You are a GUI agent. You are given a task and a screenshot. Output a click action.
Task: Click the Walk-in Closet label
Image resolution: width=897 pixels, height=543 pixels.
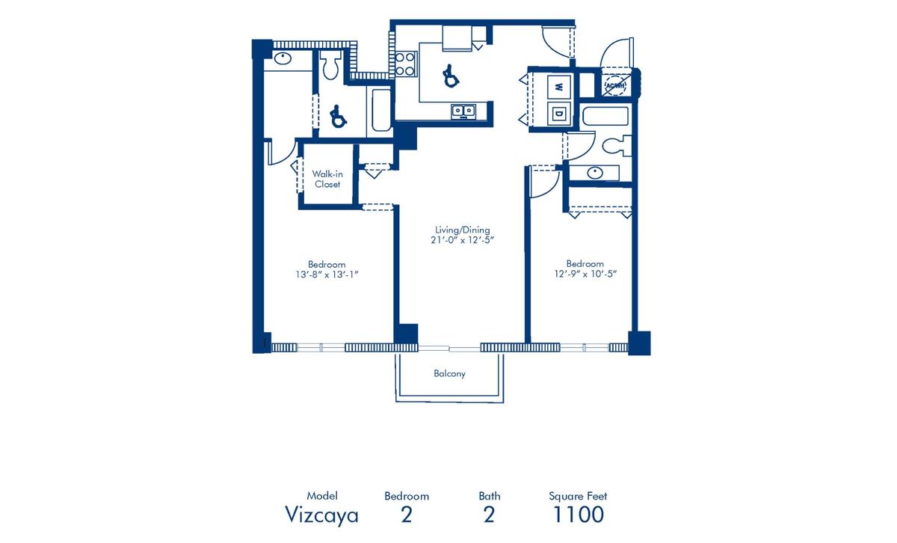point(327,179)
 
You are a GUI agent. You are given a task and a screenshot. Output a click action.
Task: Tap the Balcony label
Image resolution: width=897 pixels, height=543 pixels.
point(449,373)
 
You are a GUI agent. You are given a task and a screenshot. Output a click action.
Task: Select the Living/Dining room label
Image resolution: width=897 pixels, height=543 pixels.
point(463,230)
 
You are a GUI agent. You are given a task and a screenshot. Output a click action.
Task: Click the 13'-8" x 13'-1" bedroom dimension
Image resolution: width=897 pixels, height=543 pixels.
point(327,274)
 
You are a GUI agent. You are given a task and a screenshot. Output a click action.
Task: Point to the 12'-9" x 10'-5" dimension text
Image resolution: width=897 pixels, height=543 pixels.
point(585,274)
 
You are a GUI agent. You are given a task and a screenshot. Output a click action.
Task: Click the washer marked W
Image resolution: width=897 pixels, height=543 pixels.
point(559,87)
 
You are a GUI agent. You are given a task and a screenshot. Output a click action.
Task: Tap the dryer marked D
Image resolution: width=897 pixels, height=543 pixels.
point(559,114)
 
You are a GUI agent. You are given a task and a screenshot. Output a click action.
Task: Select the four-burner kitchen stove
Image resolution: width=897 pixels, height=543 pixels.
point(405,64)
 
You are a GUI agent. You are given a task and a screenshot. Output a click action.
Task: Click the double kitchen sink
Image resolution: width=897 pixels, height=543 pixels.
point(463,111)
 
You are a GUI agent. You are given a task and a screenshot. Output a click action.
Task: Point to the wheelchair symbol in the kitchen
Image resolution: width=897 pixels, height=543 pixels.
point(450,76)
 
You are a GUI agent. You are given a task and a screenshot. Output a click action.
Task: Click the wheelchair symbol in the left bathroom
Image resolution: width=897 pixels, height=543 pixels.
point(338,116)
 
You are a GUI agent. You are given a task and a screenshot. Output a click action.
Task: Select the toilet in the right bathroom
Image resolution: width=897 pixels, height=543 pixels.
point(617,147)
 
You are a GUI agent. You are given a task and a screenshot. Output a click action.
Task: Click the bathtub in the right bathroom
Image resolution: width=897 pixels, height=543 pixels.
point(605,116)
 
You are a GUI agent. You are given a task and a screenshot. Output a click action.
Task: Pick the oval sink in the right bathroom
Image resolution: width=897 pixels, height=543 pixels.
point(595,173)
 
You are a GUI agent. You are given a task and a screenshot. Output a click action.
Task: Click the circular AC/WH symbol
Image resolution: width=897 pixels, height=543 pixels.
point(614,85)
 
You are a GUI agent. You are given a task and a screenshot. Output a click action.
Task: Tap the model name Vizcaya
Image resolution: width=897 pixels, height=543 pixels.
point(321,515)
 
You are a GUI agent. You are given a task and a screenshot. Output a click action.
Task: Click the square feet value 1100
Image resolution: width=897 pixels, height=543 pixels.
point(578,514)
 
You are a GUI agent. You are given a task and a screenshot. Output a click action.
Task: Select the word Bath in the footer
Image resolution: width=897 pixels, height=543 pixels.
point(490,496)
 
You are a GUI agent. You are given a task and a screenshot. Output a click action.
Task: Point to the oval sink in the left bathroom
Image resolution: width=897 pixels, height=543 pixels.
point(283,58)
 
